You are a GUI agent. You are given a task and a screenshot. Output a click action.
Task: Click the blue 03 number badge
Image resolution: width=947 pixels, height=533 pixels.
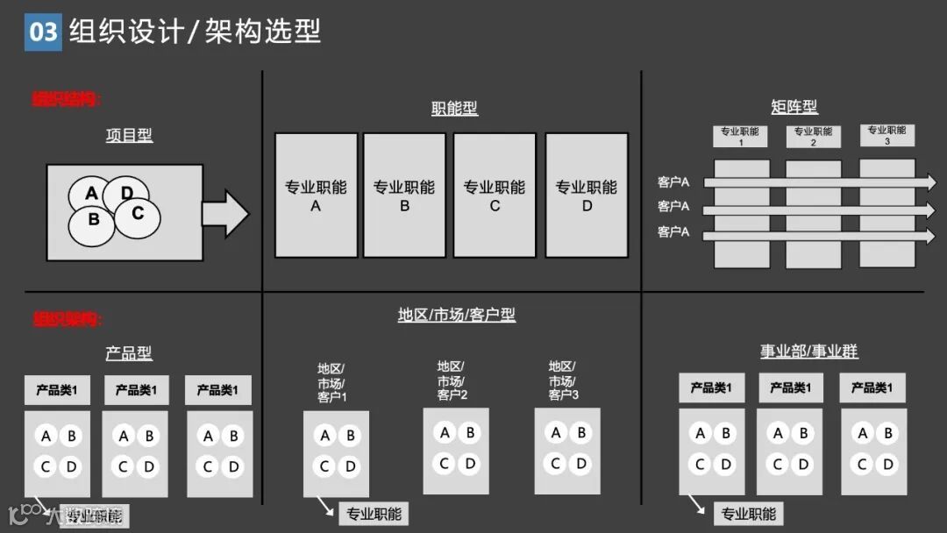[43, 32]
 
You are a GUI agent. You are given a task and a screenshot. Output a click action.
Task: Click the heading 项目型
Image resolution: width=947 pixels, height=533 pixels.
[129, 135]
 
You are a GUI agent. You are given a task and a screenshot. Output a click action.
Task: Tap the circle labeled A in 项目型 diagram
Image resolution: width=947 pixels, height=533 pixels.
[92, 194]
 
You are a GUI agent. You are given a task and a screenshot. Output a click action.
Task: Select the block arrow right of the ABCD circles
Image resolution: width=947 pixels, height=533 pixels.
[225, 214]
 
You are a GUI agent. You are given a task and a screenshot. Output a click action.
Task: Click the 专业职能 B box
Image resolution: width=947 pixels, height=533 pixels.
[404, 195]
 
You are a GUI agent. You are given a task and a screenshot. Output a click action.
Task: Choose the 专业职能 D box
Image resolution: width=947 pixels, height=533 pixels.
[587, 195]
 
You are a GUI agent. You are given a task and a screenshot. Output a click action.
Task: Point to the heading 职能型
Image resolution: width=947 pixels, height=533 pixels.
[454, 109]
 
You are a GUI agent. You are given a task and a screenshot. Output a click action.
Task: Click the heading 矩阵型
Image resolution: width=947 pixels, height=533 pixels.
[794, 107]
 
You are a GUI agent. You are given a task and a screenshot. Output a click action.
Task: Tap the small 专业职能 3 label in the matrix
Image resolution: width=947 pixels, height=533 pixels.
[886, 135]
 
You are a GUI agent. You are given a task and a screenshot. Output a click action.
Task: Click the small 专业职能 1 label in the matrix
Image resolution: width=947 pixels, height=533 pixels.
[740, 137]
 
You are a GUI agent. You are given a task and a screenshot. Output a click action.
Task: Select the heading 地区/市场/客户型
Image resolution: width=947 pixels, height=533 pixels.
[456, 315]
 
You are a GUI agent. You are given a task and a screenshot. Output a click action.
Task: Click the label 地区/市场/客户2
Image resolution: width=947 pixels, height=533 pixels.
[452, 380]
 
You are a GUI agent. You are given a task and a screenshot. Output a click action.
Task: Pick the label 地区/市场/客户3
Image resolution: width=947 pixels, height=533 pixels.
[563, 380]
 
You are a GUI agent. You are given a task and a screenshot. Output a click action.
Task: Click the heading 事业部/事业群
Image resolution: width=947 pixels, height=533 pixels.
[808, 352]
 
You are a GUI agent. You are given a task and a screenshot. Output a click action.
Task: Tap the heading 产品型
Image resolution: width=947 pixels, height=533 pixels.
[129, 353]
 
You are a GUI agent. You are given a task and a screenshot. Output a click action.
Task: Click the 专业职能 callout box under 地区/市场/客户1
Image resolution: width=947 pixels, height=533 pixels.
[374, 514]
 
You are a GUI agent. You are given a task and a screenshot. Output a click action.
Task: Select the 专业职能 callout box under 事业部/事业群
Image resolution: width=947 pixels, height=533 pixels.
[748, 514]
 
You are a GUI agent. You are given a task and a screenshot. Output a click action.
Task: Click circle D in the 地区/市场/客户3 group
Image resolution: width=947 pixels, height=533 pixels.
[580, 463]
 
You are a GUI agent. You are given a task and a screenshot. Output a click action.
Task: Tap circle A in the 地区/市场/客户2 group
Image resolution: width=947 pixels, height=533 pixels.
[445, 432]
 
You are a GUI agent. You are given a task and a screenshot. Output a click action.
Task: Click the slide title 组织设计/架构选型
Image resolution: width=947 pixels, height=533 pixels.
[196, 32]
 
